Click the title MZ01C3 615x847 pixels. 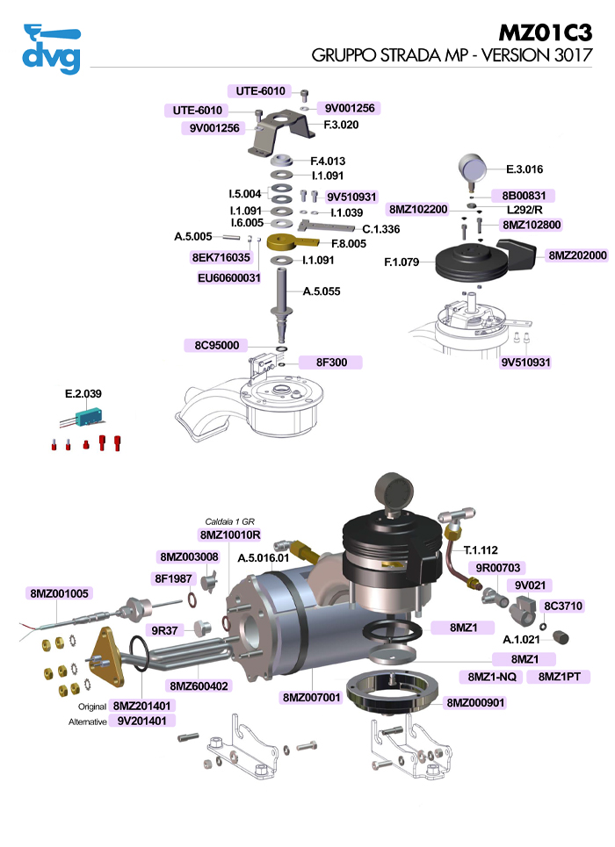click(545, 32)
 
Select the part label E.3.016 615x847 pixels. click(525, 169)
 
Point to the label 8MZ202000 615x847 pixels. click(577, 255)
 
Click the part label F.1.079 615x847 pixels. click(402, 262)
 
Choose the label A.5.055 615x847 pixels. click(322, 291)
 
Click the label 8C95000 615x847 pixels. click(217, 345)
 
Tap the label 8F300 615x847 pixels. click(331, 362)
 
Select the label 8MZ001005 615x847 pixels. click(60, 593)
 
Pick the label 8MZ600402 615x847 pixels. click(199, 685)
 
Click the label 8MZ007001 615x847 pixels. click(310, 697)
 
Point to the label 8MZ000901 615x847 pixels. click(475, 702)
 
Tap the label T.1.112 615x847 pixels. click(495, 549)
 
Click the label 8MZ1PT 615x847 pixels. click(564, 677)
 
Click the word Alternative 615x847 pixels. click(87, 721)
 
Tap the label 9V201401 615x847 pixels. click(144, 721)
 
